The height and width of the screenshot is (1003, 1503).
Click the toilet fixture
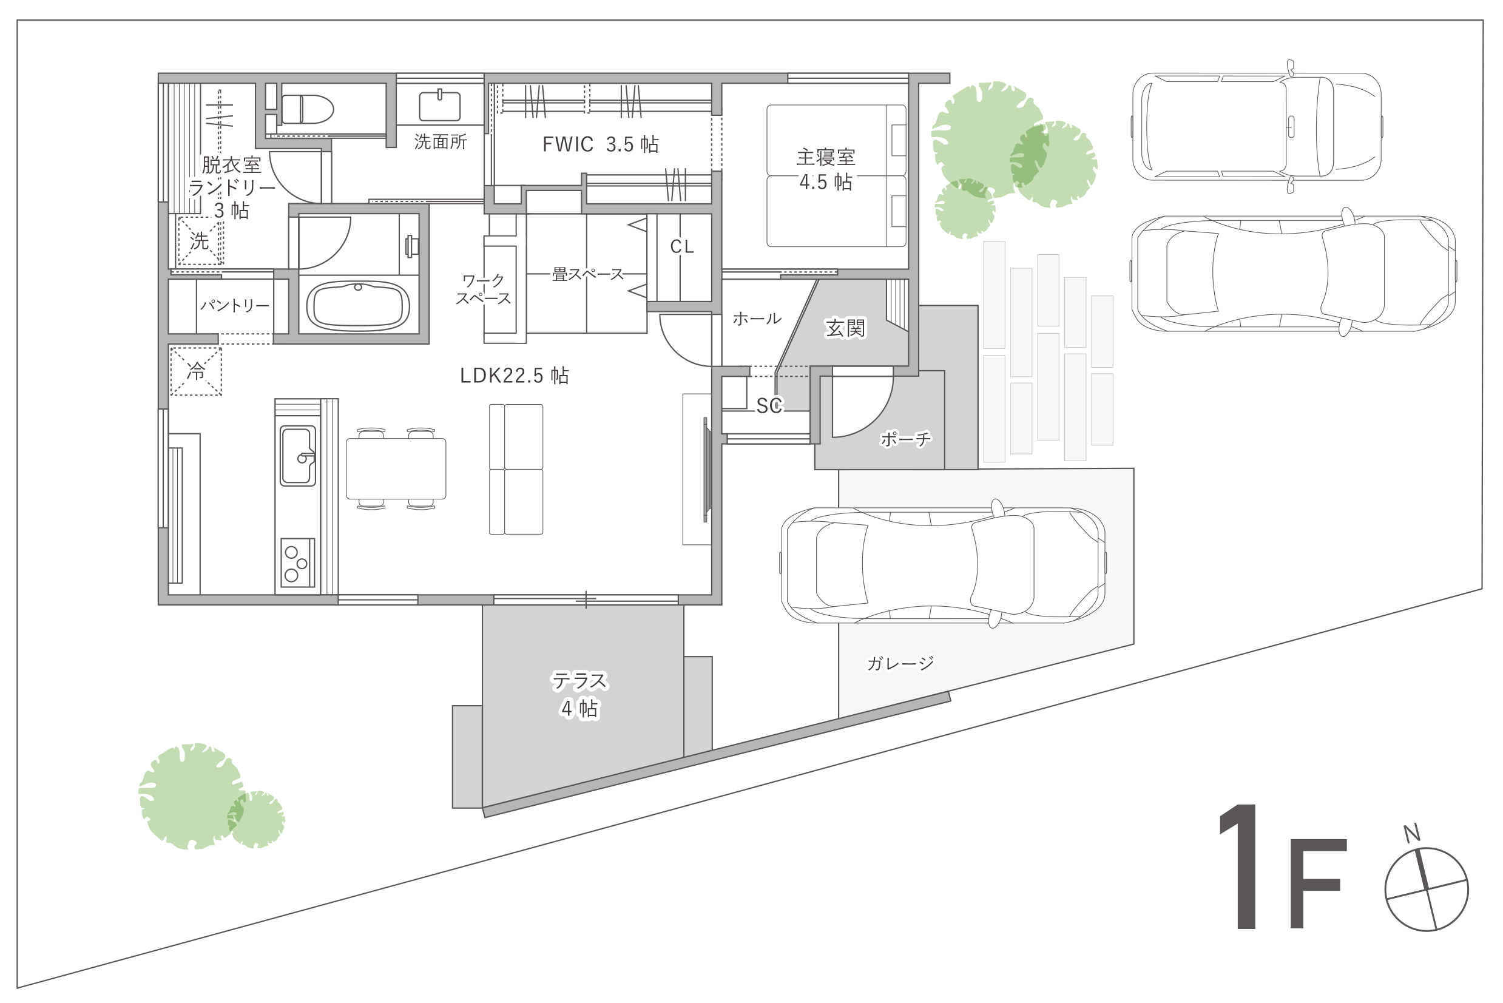point(308,109)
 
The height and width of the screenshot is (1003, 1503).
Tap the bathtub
point(358,306)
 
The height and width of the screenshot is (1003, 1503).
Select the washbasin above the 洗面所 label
point(440,106)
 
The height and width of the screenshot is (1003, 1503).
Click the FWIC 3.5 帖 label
point(601,144)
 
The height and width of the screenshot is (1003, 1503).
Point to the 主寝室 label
point(826,157)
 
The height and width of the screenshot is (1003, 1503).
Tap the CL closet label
point(682,247)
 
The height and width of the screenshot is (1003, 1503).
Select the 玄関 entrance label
point(845,329)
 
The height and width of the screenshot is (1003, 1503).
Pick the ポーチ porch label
point(906,439)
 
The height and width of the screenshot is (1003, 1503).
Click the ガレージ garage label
point(900,663)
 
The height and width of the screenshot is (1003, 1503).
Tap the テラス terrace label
point(580,681)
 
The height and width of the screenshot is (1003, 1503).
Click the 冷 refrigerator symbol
point(196,371)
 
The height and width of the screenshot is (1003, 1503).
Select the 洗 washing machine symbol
point(199,241)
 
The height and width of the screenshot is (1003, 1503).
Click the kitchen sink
point(298,456)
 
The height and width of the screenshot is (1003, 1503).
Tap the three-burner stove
point(298,563)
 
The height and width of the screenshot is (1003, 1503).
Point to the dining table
point(396,469)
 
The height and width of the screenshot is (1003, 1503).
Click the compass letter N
point(1412,833)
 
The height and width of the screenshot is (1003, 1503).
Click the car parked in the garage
point(944,565)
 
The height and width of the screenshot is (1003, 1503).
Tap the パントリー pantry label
point(235,306)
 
